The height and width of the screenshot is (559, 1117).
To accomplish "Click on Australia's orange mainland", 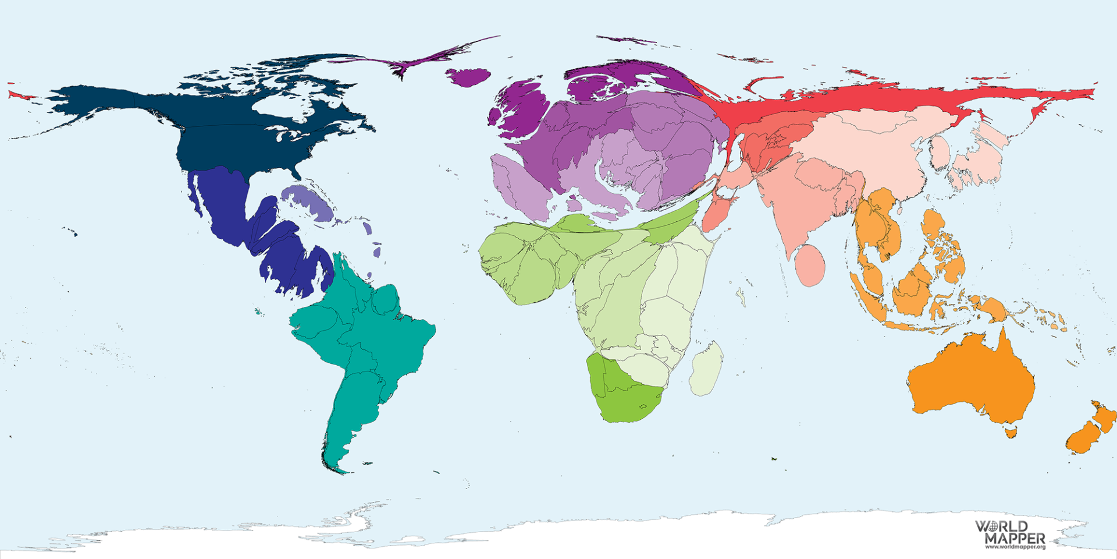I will [x=972, y=378].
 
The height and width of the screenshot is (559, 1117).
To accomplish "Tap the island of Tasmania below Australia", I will [x=1011, y=433].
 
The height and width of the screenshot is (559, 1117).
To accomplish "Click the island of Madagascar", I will [x=706, y=370].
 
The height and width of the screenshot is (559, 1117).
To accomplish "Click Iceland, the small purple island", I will [x=468, y=77].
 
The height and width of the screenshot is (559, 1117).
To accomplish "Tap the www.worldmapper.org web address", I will [x=1015, y=547].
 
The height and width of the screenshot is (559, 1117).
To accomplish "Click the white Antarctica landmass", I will [x=582, y=536].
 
